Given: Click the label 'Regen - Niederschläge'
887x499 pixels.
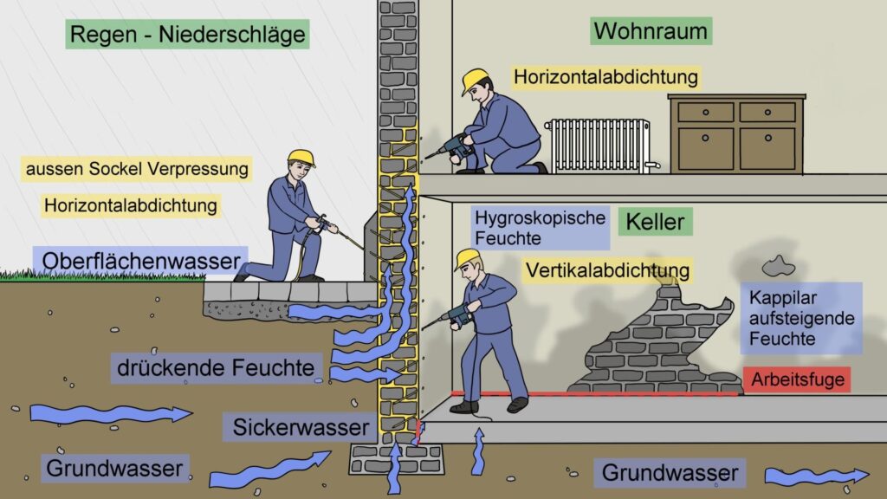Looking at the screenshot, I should pyautogui.click(x=187, y=36).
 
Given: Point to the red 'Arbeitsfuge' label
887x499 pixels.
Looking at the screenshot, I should pyautogui.click(x=797, y=379).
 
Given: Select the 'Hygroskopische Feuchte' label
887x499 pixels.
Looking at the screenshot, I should pyautogui.click(x=539, y=227).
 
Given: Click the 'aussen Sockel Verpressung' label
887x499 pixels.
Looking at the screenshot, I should pyautogui.click(x=138, y=167).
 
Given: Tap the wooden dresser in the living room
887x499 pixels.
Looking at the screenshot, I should pyautogui.click(x=736, y=133).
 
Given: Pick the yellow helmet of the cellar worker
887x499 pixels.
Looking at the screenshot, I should pyautogui.click(x=467, y=257).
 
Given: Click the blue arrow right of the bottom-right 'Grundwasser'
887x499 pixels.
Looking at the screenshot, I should pyautogui.click(x=816, y=476).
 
